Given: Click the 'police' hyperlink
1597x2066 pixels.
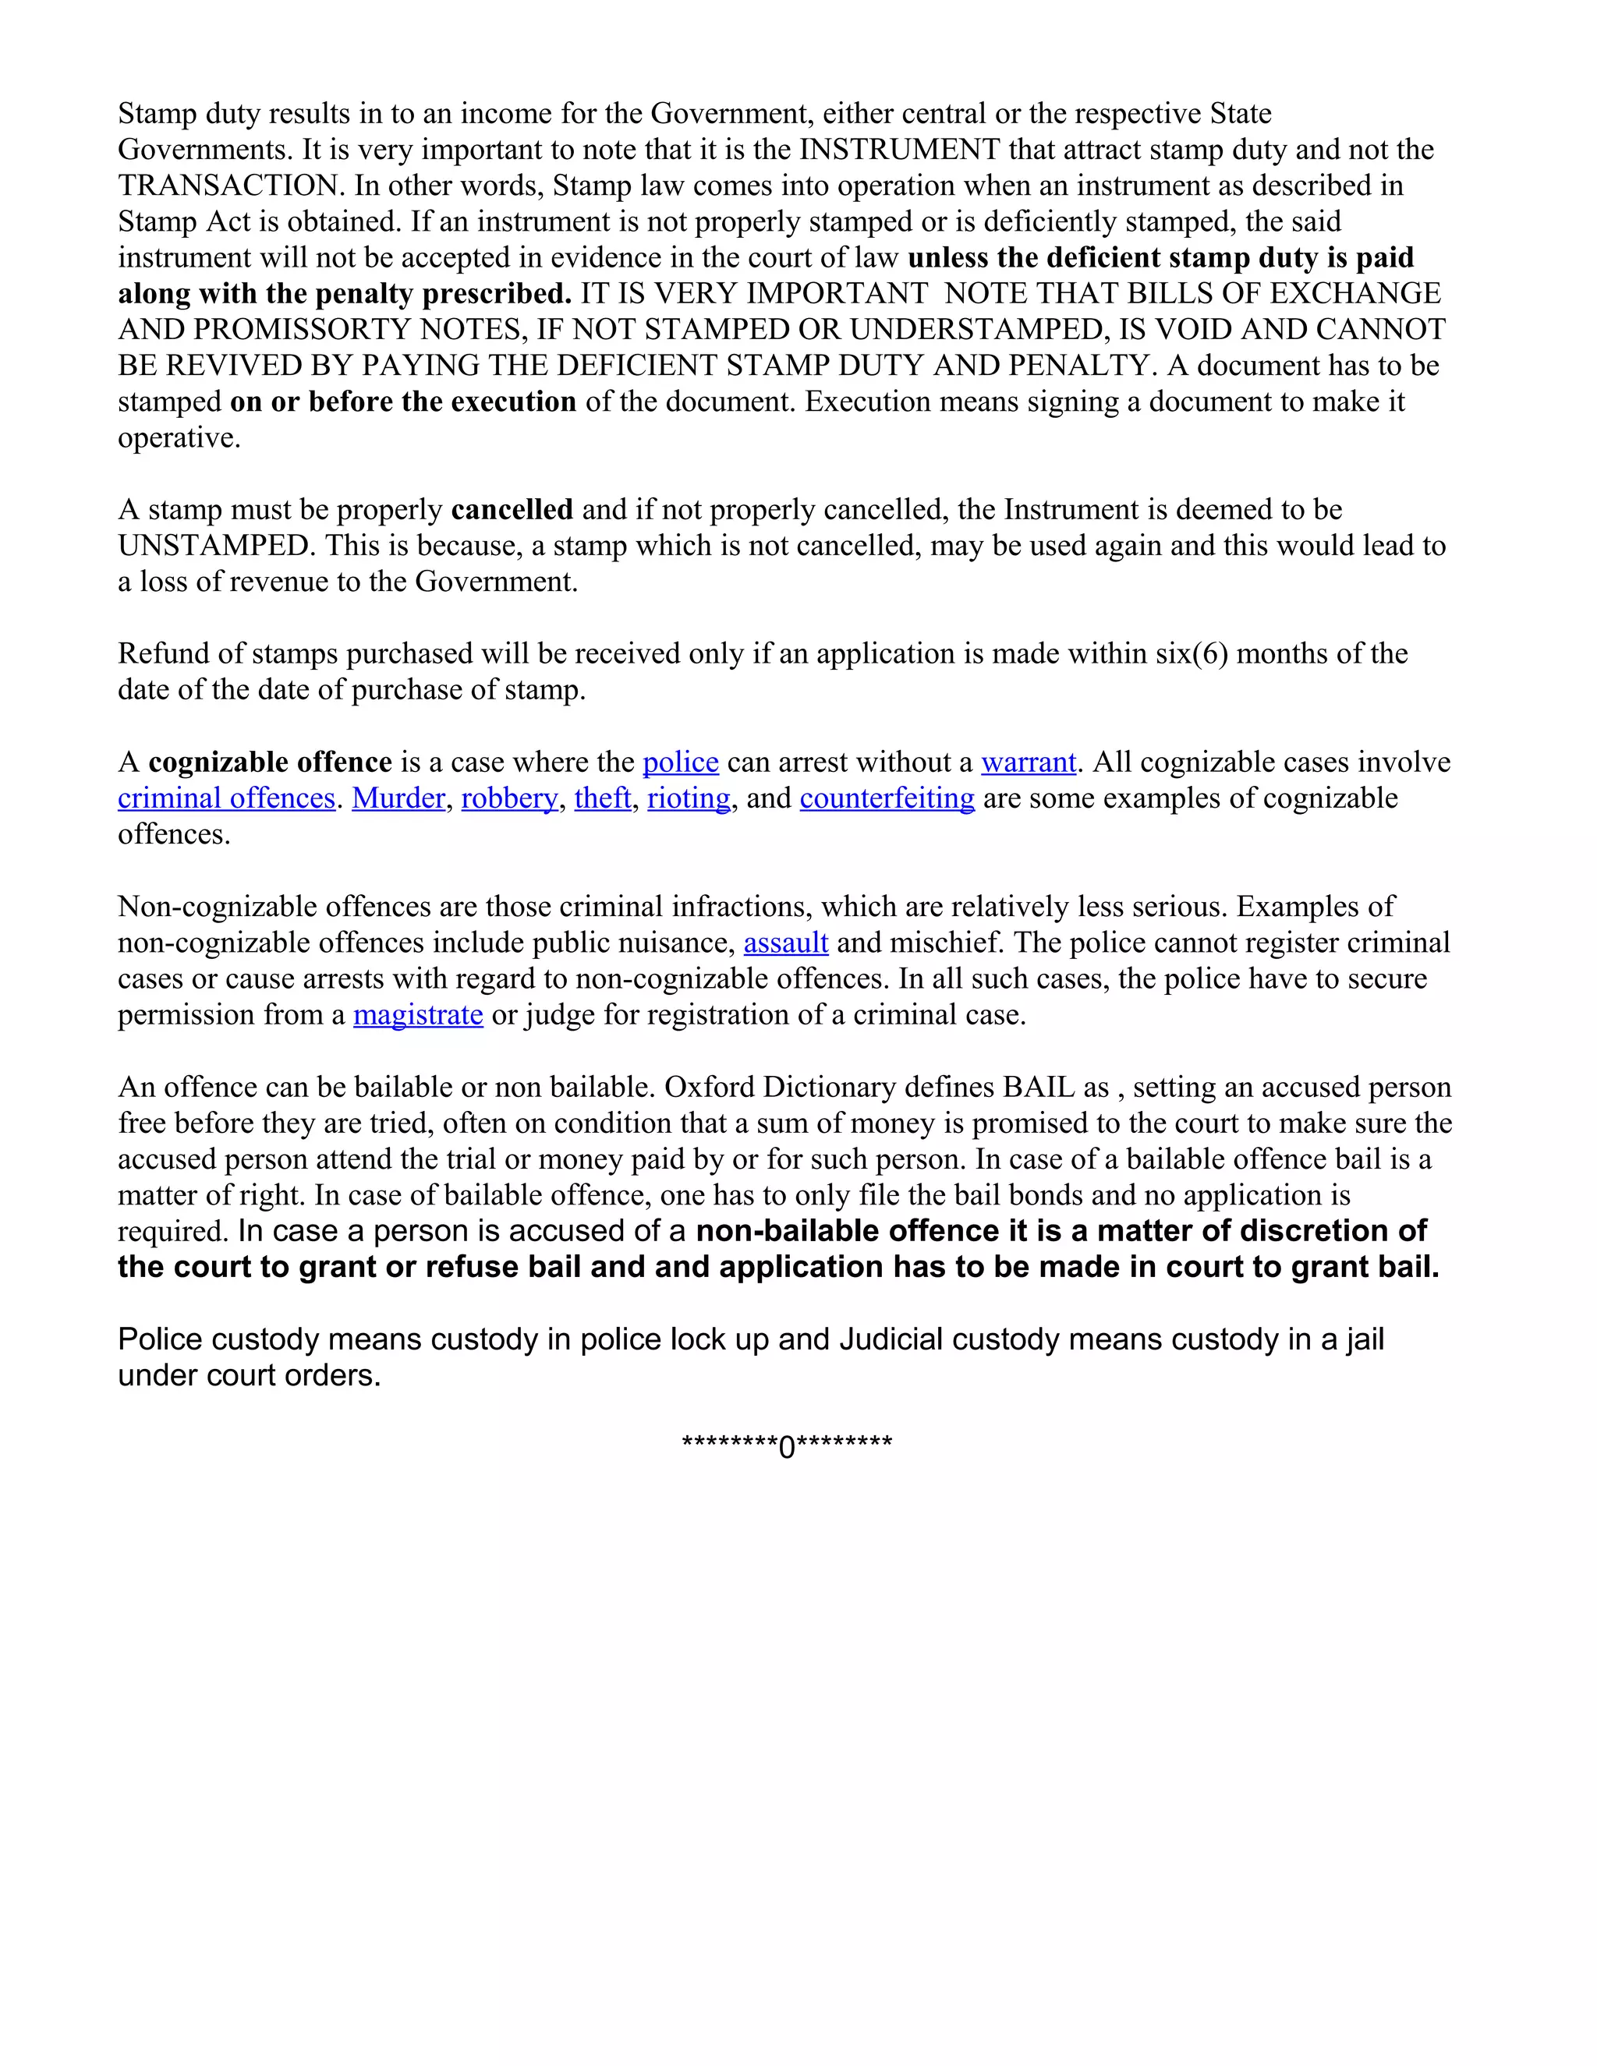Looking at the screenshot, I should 680,762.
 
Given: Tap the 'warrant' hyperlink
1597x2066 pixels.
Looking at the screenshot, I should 1029,762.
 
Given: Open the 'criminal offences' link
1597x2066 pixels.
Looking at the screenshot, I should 226,798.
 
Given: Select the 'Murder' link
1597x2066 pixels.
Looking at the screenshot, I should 398,798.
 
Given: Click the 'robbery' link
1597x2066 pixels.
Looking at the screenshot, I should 509,798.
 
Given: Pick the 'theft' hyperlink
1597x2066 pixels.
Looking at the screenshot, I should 603,798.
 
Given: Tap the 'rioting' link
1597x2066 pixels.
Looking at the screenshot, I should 689,798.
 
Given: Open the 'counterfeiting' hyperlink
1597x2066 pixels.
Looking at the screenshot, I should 887,798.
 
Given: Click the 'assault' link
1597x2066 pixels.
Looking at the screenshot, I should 785,943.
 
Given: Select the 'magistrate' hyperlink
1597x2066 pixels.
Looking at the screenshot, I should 418,1015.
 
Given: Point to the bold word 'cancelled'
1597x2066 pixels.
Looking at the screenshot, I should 512,510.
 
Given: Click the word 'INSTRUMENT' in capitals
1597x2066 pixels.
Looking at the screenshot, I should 900,150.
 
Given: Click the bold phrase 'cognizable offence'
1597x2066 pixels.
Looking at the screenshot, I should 270,762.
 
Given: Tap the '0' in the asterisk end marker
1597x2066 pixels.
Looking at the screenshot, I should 787,1447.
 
